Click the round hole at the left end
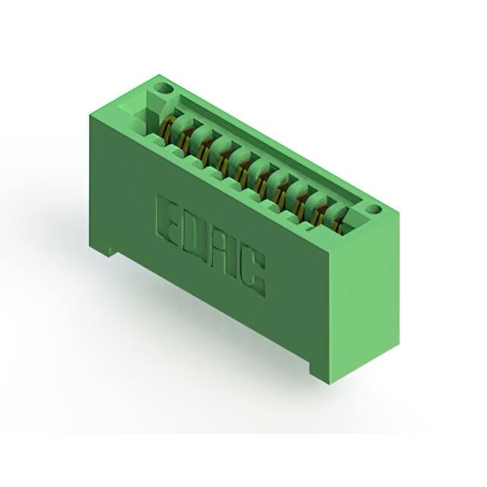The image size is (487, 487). [x=161, y=88]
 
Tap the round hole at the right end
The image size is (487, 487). [x=373, y=208]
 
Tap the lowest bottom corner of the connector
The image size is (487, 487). [x=329, y=381]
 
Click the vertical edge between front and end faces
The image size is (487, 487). [x=329, y=304]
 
